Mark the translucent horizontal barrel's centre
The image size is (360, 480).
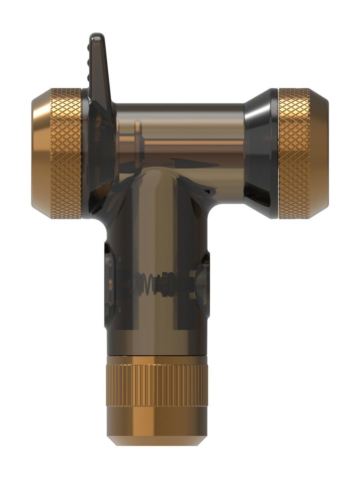(180, 136)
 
